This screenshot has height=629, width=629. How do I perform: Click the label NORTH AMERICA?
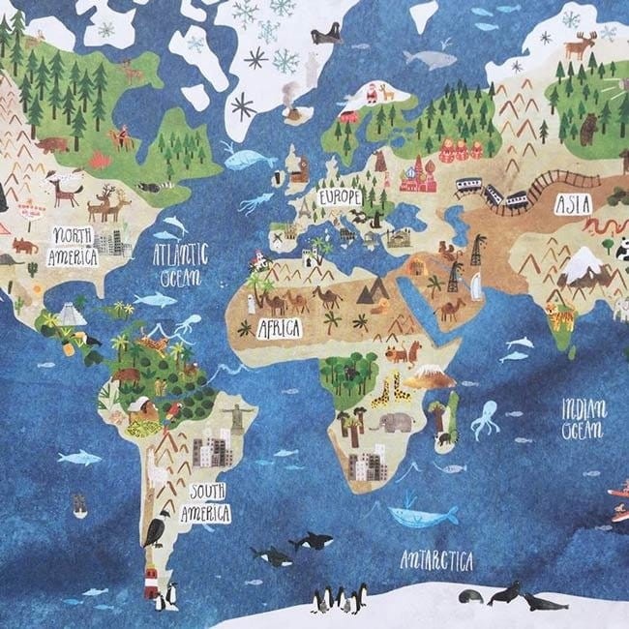click(x=74, y=247)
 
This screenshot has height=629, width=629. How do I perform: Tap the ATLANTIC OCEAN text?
click(x=180, y=262)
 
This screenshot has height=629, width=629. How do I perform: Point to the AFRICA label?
click(x=279, y=327)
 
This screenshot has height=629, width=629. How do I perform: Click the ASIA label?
click(x=572, y=204)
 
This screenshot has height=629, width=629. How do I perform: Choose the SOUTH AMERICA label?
click(x=209, y=500)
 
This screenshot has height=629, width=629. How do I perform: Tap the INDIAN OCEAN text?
click(x=584, y=417)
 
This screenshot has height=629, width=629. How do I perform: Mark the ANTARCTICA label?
click(x=436, y=560)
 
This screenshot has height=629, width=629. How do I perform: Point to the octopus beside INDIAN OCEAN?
click(x=485, y=419)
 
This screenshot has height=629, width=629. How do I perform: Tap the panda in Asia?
click(x=620, y=248)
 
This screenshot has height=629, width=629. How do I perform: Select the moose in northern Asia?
click(x=580, y=44)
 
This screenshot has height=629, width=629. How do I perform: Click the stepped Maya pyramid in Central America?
click(x=68, y=314)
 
